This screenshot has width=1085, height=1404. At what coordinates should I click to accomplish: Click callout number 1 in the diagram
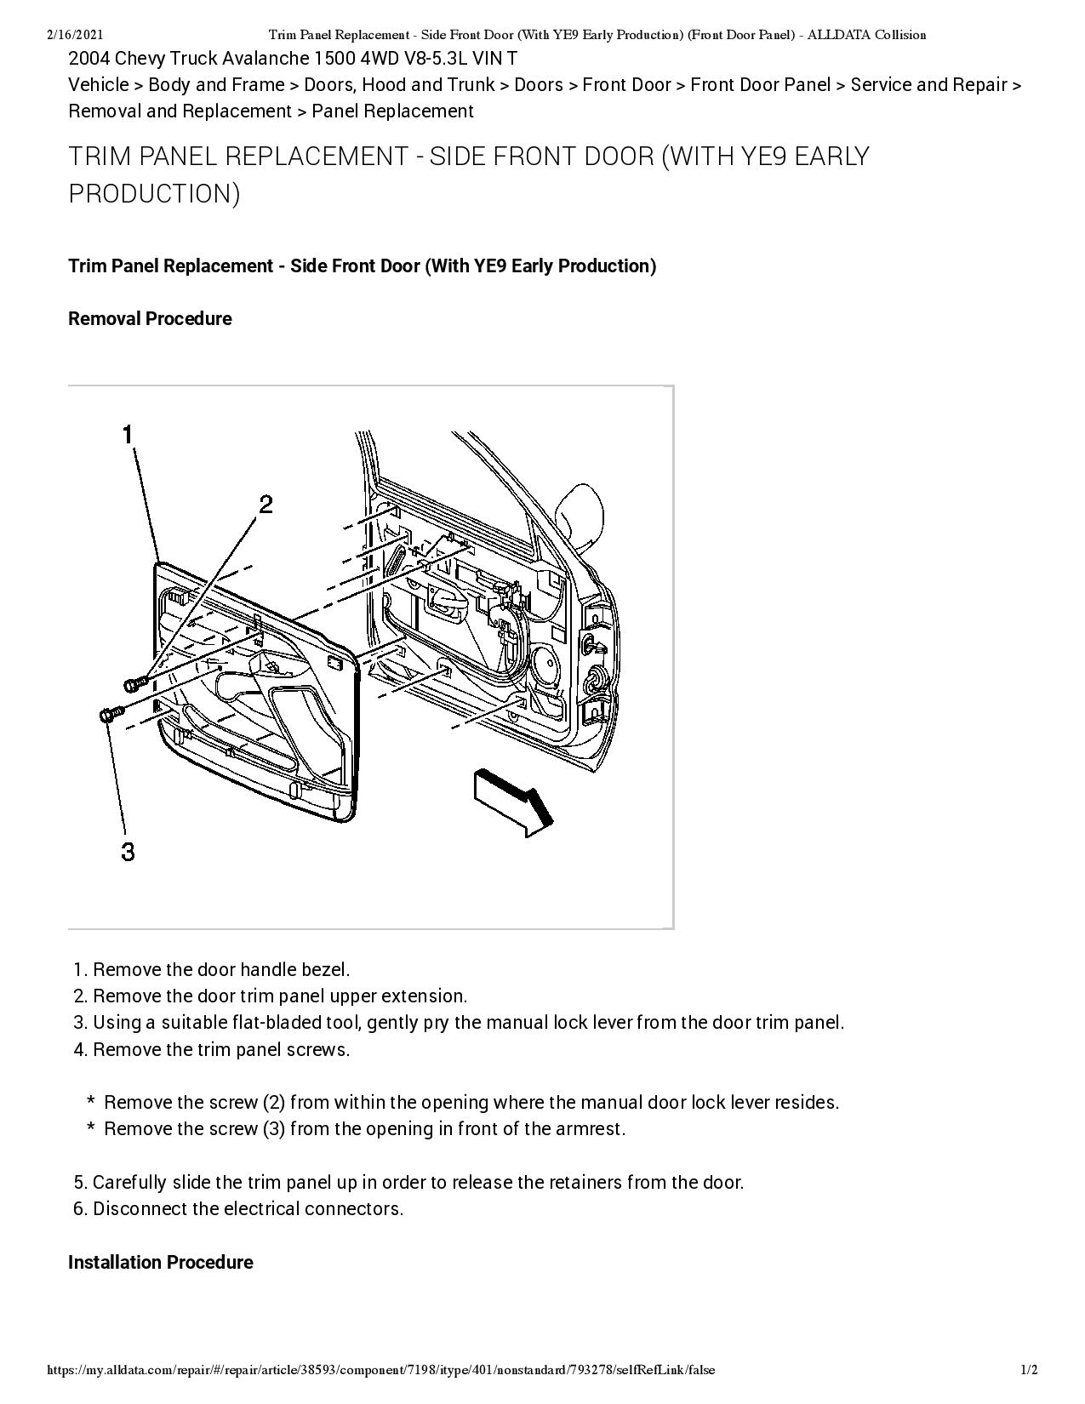[128, 435]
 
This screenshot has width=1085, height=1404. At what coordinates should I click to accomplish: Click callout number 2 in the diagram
[266, 505]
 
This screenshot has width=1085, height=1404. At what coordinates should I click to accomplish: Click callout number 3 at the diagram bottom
[128, 851]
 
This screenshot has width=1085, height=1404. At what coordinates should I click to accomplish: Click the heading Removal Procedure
[150, 319]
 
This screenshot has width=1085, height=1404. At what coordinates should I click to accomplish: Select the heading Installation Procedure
[160, 1262]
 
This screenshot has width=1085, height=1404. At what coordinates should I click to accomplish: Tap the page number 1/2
[1029, 1370]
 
